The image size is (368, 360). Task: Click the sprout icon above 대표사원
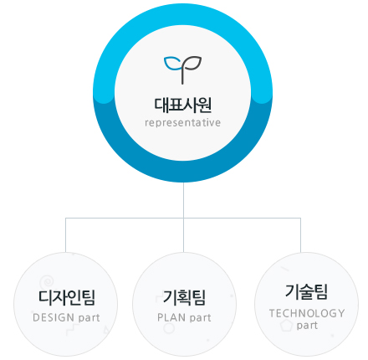pyautogui.click(x=182, y=69)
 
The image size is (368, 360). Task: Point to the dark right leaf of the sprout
pyautogui.click(x=192, y=63)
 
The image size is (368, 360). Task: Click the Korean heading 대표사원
pyautogui.click(x=183, y=105)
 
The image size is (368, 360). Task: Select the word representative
pyautogui.click(x=183, y=122)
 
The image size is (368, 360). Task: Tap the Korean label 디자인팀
pyautogui.click(x=67, y=297)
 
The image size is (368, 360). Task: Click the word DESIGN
pyautogui.click(x=54, y=317)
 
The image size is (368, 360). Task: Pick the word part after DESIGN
pyautogui.click(x=89, y=318)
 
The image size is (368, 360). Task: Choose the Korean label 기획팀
pyautogui.click(x=184, y=297)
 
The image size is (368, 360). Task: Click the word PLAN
pyautogui.click(x=171, y=317)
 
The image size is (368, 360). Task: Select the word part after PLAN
pyautogui.click(x=201, y=318)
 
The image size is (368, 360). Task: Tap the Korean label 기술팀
pyautogui.click(x=306, y=292)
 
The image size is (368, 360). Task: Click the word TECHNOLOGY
pyautogui.click(x=307, y=313)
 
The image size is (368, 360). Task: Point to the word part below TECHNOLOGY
pyautogui.click(x=307, y=326)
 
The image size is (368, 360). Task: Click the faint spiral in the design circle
pyautogui.click(x=47, y=282)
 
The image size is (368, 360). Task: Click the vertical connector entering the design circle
pyautogui.click(x=65, y=235)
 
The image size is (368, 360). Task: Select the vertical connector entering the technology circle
pyautogui.click(x=300, y=235)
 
